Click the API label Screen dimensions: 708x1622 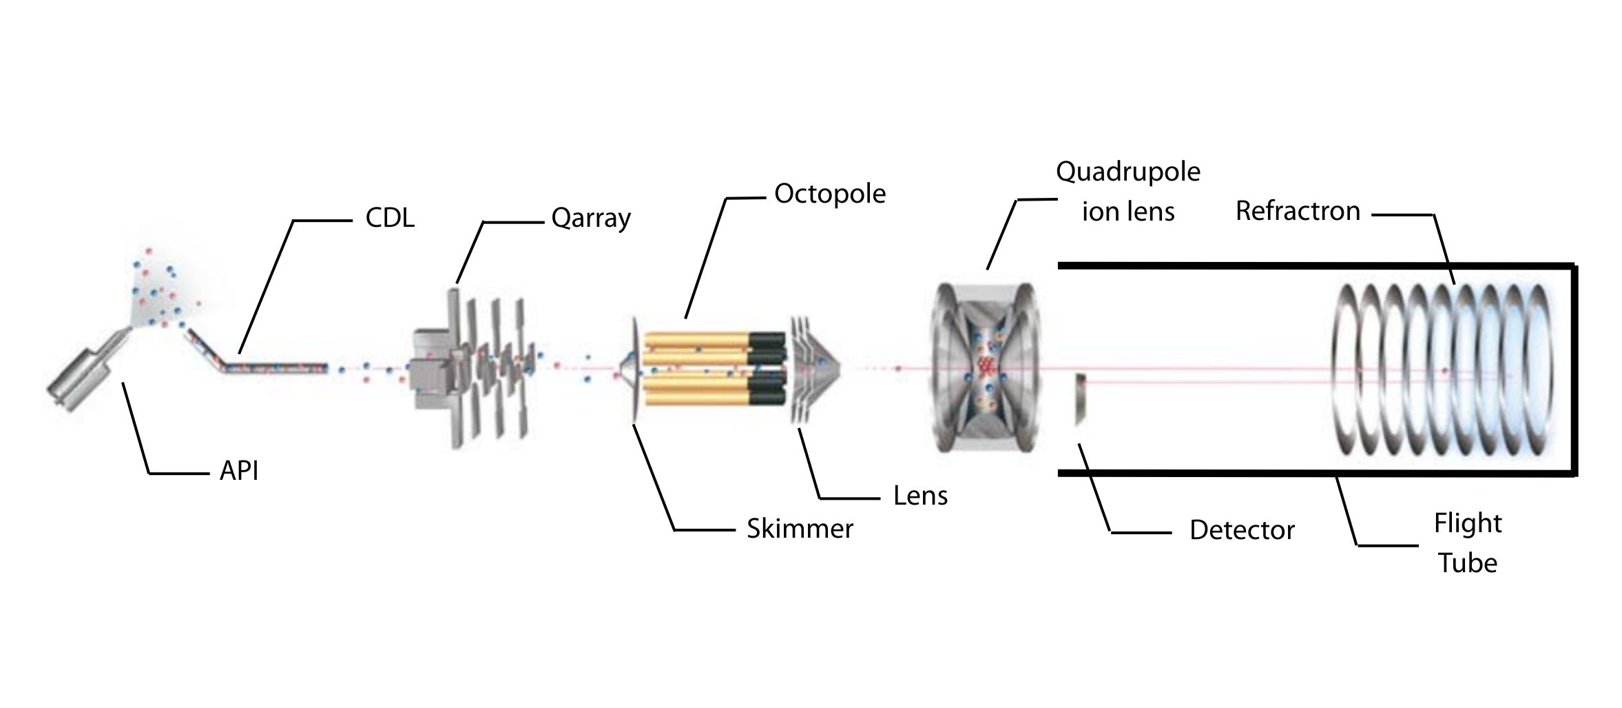[x=238, y=472]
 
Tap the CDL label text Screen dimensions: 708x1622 [x=390, y=219]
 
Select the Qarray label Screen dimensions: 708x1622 [x=591, y=219]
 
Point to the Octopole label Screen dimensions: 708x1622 [x=829, y=194]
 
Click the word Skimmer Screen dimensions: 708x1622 [x=800, y=529]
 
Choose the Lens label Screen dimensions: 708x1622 [x=920, y=496]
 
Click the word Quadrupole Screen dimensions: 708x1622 [x=1127, y=172]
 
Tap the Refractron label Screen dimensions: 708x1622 [x=1298, y=211]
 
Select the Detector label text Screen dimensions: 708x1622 [x=1242, y=530]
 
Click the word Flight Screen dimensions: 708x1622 [x=1467, y=524]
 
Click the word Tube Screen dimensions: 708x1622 [x=1467, y=563]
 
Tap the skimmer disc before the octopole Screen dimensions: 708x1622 [x=634, y=369]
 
